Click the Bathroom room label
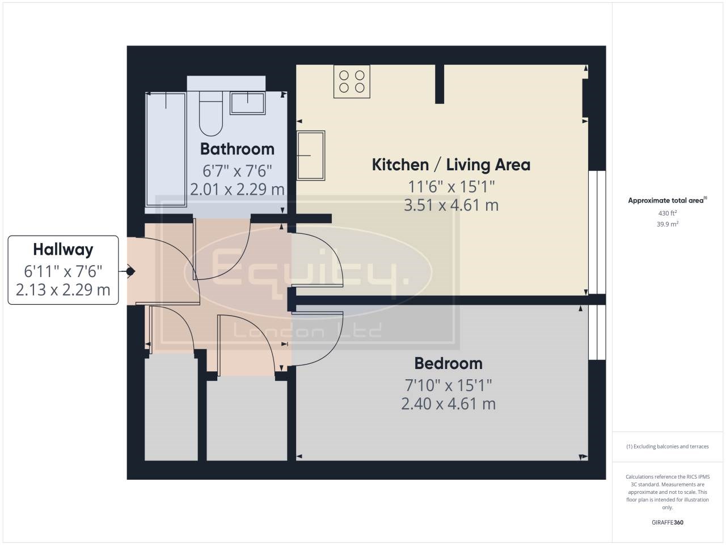pos(237,149)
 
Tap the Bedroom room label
pos(448,364)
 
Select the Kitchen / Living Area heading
pos(451,165)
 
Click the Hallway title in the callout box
pos(63,250)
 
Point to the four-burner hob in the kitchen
pos(352,81)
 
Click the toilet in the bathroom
pos(210,113)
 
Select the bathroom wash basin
pos(248,103)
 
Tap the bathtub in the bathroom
pos(166,149)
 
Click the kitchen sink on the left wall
pos(311,155)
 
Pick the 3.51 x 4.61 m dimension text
pos(451,205)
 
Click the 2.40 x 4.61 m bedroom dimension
pos(448,404)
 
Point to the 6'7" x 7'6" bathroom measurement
pos(237,171)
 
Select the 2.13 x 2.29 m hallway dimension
pos(63,290)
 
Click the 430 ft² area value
pos(667,213)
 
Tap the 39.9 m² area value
pos(667,224)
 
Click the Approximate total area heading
pos(667,200)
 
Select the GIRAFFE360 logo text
pos(667,522)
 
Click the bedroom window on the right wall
pos(597,332)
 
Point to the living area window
pos(597,232)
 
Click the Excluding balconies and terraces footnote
pos(667,446)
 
